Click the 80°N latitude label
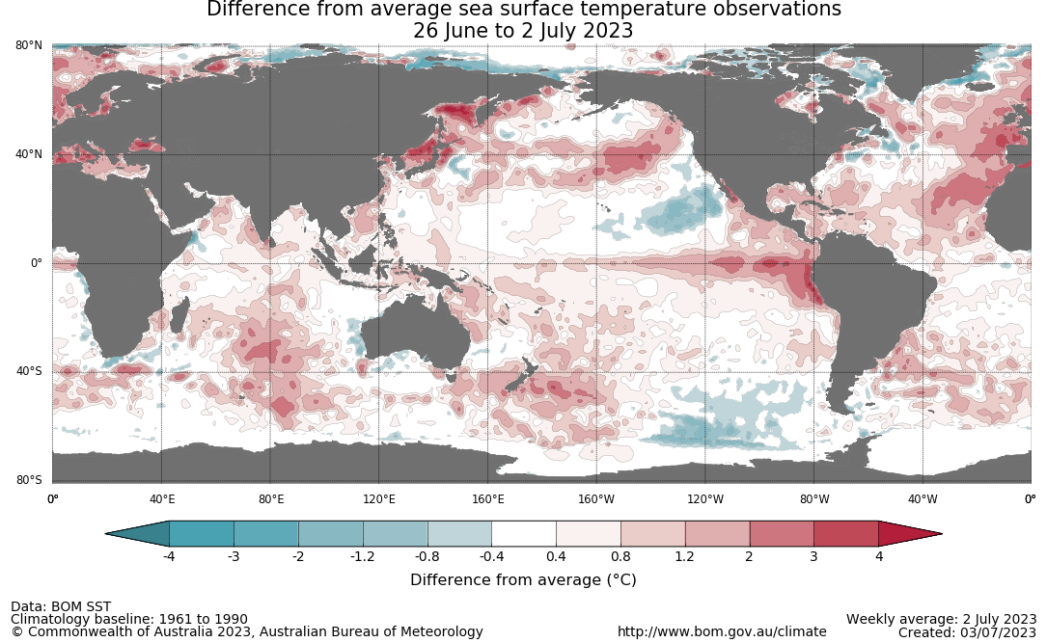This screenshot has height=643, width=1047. (x=28, y=45)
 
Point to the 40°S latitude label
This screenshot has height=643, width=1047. (x=28, y=371)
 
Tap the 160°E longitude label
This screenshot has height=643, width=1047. (x=488, y=498)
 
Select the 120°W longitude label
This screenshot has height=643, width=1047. (x=705, y=498)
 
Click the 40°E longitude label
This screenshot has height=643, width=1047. (x=162, y=498)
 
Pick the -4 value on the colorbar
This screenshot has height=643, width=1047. (x=169, y=556)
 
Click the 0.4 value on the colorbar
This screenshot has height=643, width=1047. (x=556, y=556)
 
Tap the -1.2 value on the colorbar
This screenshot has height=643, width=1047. (x=363, y=556)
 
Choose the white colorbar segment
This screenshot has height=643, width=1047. (x=524, y=533)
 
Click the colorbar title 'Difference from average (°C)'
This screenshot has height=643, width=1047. (x=523, y=580)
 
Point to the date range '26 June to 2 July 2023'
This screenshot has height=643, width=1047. (x=523, y=31)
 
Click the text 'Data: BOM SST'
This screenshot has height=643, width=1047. (x=61, y=606)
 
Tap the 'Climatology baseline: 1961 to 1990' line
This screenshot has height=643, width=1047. (x=129, y=619)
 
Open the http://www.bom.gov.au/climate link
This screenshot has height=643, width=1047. (x=722, y=631)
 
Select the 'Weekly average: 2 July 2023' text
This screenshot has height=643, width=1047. (x=941, y=619)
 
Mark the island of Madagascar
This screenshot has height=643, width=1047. (x=179, y=314)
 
